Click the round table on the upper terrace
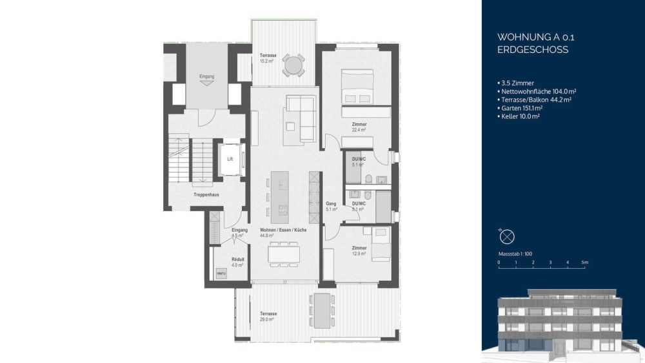coord(293,65)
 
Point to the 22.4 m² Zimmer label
coord(359,127)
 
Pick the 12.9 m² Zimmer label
coord(359,251)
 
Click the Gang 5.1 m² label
coord(332,205)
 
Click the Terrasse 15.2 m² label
coord(268,58)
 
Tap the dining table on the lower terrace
coord(321,309)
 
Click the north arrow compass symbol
coord(507,235)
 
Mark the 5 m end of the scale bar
coord(584,262)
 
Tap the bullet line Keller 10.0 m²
coord(520,117)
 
